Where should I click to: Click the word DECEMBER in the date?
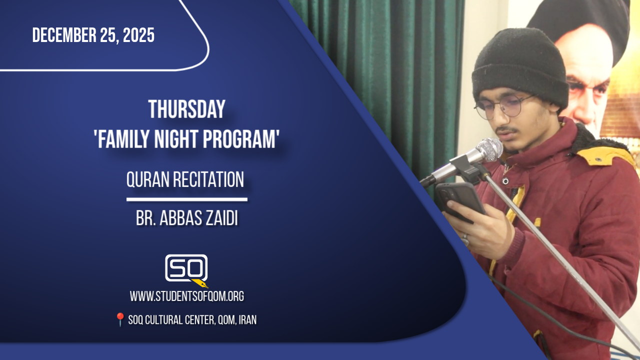[x=64, y=35]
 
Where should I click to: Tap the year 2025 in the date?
[x=138, y=35]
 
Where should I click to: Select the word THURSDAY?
[x=187, y=109]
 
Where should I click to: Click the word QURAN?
[x=148, y=179]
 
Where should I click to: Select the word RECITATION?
[x=208, y=179]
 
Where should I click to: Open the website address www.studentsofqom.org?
[x=187, y=296]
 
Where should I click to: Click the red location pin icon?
[x=120, y=319]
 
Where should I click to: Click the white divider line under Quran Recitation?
[x=187, y=199]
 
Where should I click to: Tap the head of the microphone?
[x=489, y=149]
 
